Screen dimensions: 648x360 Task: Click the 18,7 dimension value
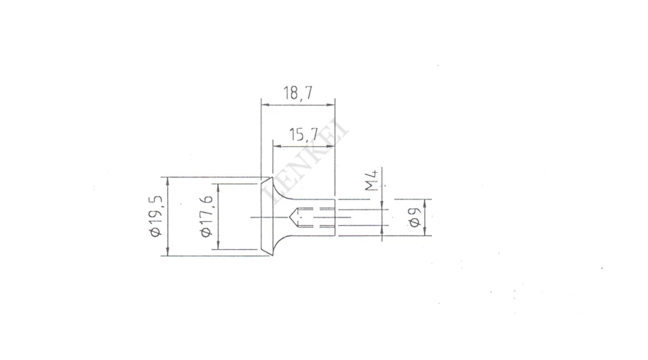click(297, 93)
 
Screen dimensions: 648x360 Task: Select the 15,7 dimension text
click(304, 135)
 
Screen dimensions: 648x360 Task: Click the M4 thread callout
click(372, 180)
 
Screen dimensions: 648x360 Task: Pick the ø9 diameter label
click(415, 217)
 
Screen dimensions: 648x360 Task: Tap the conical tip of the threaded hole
click(291, 217)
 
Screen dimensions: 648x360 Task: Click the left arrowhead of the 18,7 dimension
click(266, 105)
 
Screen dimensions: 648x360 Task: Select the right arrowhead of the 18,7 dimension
click(330, 105)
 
